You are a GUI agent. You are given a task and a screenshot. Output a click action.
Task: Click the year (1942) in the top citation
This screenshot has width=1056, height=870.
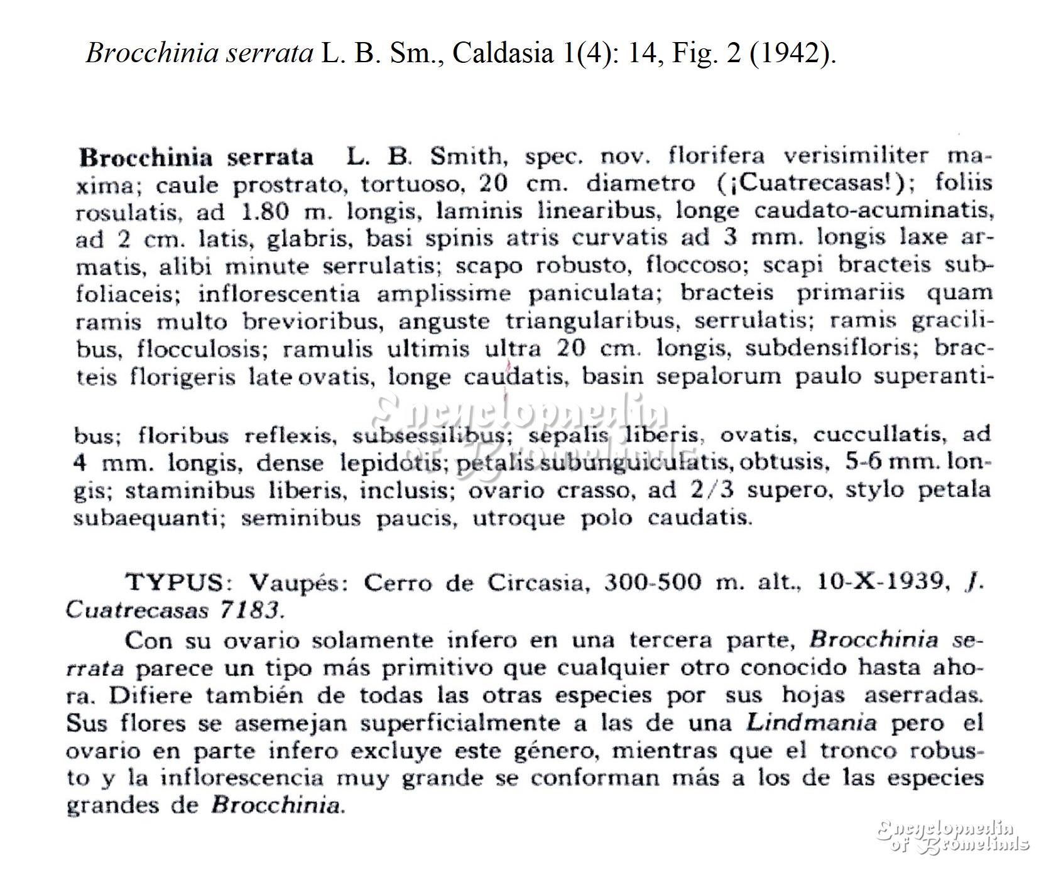796,53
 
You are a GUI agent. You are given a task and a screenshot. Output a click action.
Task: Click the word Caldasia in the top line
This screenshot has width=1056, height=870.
501,53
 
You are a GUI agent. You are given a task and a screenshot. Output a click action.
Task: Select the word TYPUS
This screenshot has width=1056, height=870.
175,583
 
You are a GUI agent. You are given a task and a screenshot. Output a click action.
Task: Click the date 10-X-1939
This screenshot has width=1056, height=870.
882,582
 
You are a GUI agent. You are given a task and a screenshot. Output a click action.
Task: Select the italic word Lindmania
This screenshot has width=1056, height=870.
811,722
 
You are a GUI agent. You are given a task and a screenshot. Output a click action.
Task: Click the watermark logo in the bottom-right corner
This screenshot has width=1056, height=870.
952,835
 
